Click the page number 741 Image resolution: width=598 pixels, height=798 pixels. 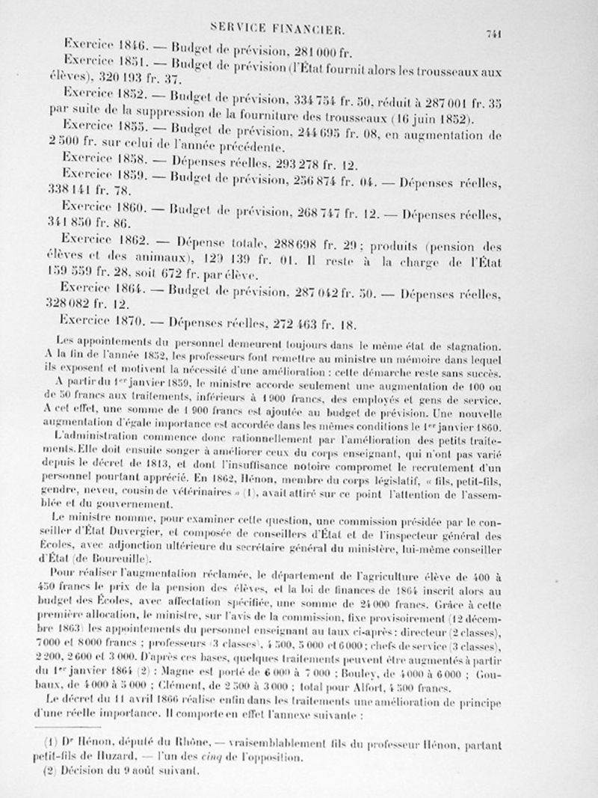coord(492,33)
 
